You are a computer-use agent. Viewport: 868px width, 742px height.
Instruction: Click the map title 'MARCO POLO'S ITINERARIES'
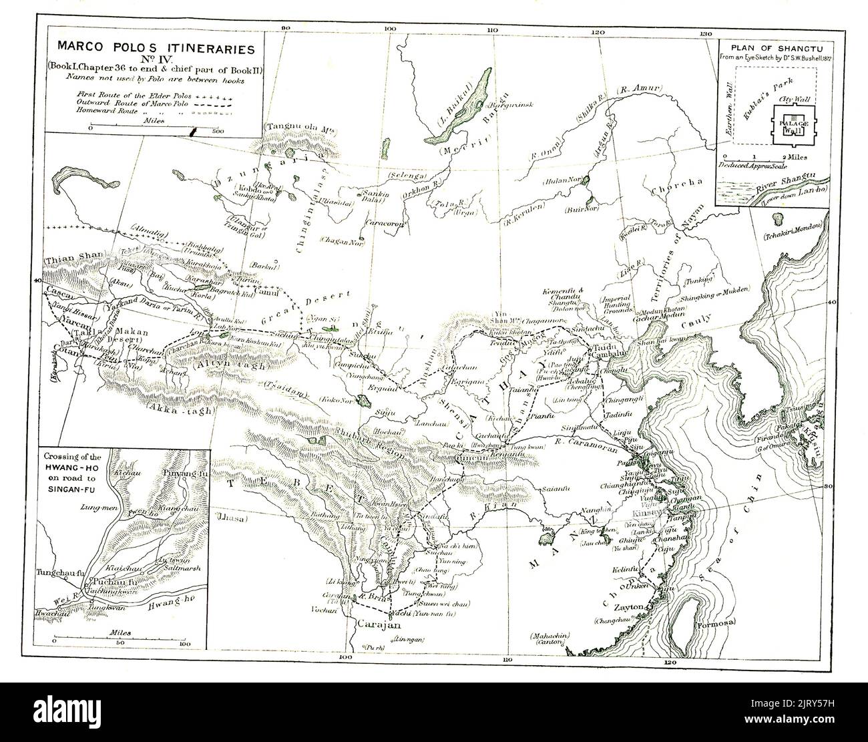pyautogui.click(x=156, y=49)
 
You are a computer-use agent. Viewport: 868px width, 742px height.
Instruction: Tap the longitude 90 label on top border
pyautogui.click(x=287, y=29)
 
